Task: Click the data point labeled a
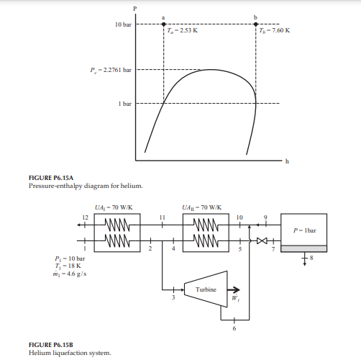pyautogui.click(x=163, y=24)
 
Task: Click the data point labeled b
pyautogui.click(x=255, y=24)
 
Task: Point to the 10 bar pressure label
pyautogui.click(x=123, y=24)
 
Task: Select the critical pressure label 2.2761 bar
pyautogui.click(x=111, y=70)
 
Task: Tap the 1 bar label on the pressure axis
pyautogui.click(x=125, y=104)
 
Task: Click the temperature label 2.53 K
pyautogui.click(x=183, y=30)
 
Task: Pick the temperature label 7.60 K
pyautogui.click(x=275, y=30)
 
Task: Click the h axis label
pyautogui.click(x=287, y=161)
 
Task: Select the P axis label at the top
pyautogui.click(x=135, y=9)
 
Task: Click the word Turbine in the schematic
pyautogui.click(x=206, y=289)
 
